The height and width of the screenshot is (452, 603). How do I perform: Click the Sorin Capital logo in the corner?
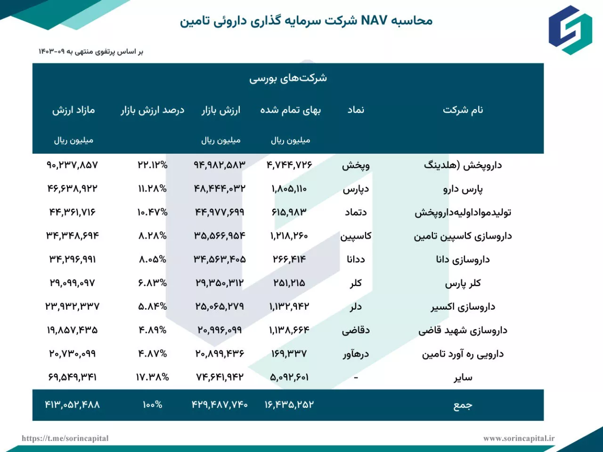(570, 30)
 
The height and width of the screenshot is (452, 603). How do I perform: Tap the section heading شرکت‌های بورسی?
(288, 78)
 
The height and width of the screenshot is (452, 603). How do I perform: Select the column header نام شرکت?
(463, 110)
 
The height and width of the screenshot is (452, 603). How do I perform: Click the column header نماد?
(356, 110)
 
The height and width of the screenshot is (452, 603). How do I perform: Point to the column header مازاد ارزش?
(73, 110)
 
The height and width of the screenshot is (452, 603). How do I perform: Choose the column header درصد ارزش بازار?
(152, 110)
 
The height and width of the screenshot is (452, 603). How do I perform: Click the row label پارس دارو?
(463, 189)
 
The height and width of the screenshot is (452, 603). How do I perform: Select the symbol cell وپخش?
(356, 165)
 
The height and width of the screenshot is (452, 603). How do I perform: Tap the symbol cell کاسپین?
(356, 236)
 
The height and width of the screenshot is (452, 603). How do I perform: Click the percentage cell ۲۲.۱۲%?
(152, 165)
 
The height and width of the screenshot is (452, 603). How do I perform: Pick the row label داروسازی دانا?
(463, 260)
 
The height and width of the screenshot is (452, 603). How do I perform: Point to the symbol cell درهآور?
(356, 354)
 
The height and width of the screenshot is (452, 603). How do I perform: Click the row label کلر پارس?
(463, 283)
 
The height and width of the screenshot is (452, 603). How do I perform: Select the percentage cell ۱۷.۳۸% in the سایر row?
(152, 377)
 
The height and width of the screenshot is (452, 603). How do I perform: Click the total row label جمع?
(463, 405)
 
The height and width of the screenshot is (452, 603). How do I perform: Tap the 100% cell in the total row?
(152, 405)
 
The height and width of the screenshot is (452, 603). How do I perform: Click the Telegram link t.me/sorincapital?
(65, 438)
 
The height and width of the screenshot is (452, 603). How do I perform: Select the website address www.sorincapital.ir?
(519, 438)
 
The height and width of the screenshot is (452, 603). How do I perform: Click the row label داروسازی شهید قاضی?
(463, 330)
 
